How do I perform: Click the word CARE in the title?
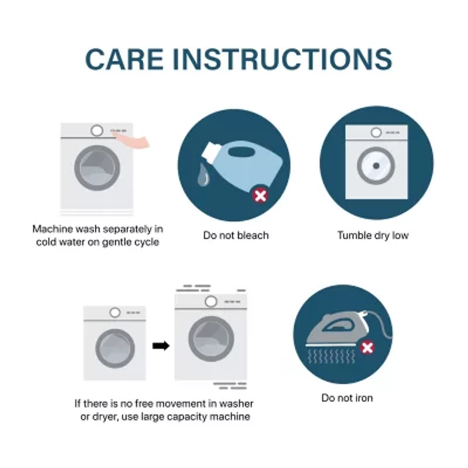pos(125,59)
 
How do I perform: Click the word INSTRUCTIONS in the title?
pos(283,59)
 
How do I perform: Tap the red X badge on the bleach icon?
pos(260,196)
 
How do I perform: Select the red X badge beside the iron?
pos(367,347)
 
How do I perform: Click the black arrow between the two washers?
pos(161,346)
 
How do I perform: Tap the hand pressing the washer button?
pos(133,140)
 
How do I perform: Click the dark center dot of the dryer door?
pos(376,166)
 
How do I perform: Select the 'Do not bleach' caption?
pos(236,236)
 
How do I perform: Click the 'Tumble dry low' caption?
pos(373,236)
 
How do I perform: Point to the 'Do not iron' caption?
pos(347,398)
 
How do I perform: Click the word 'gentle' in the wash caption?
pos(116,242)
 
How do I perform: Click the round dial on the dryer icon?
pos(376,132)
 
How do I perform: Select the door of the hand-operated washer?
pos(97,168)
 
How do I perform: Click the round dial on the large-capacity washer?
pos(211,301)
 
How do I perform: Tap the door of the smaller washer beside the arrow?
pos(115,349)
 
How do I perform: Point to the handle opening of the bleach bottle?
pos(242,152)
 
